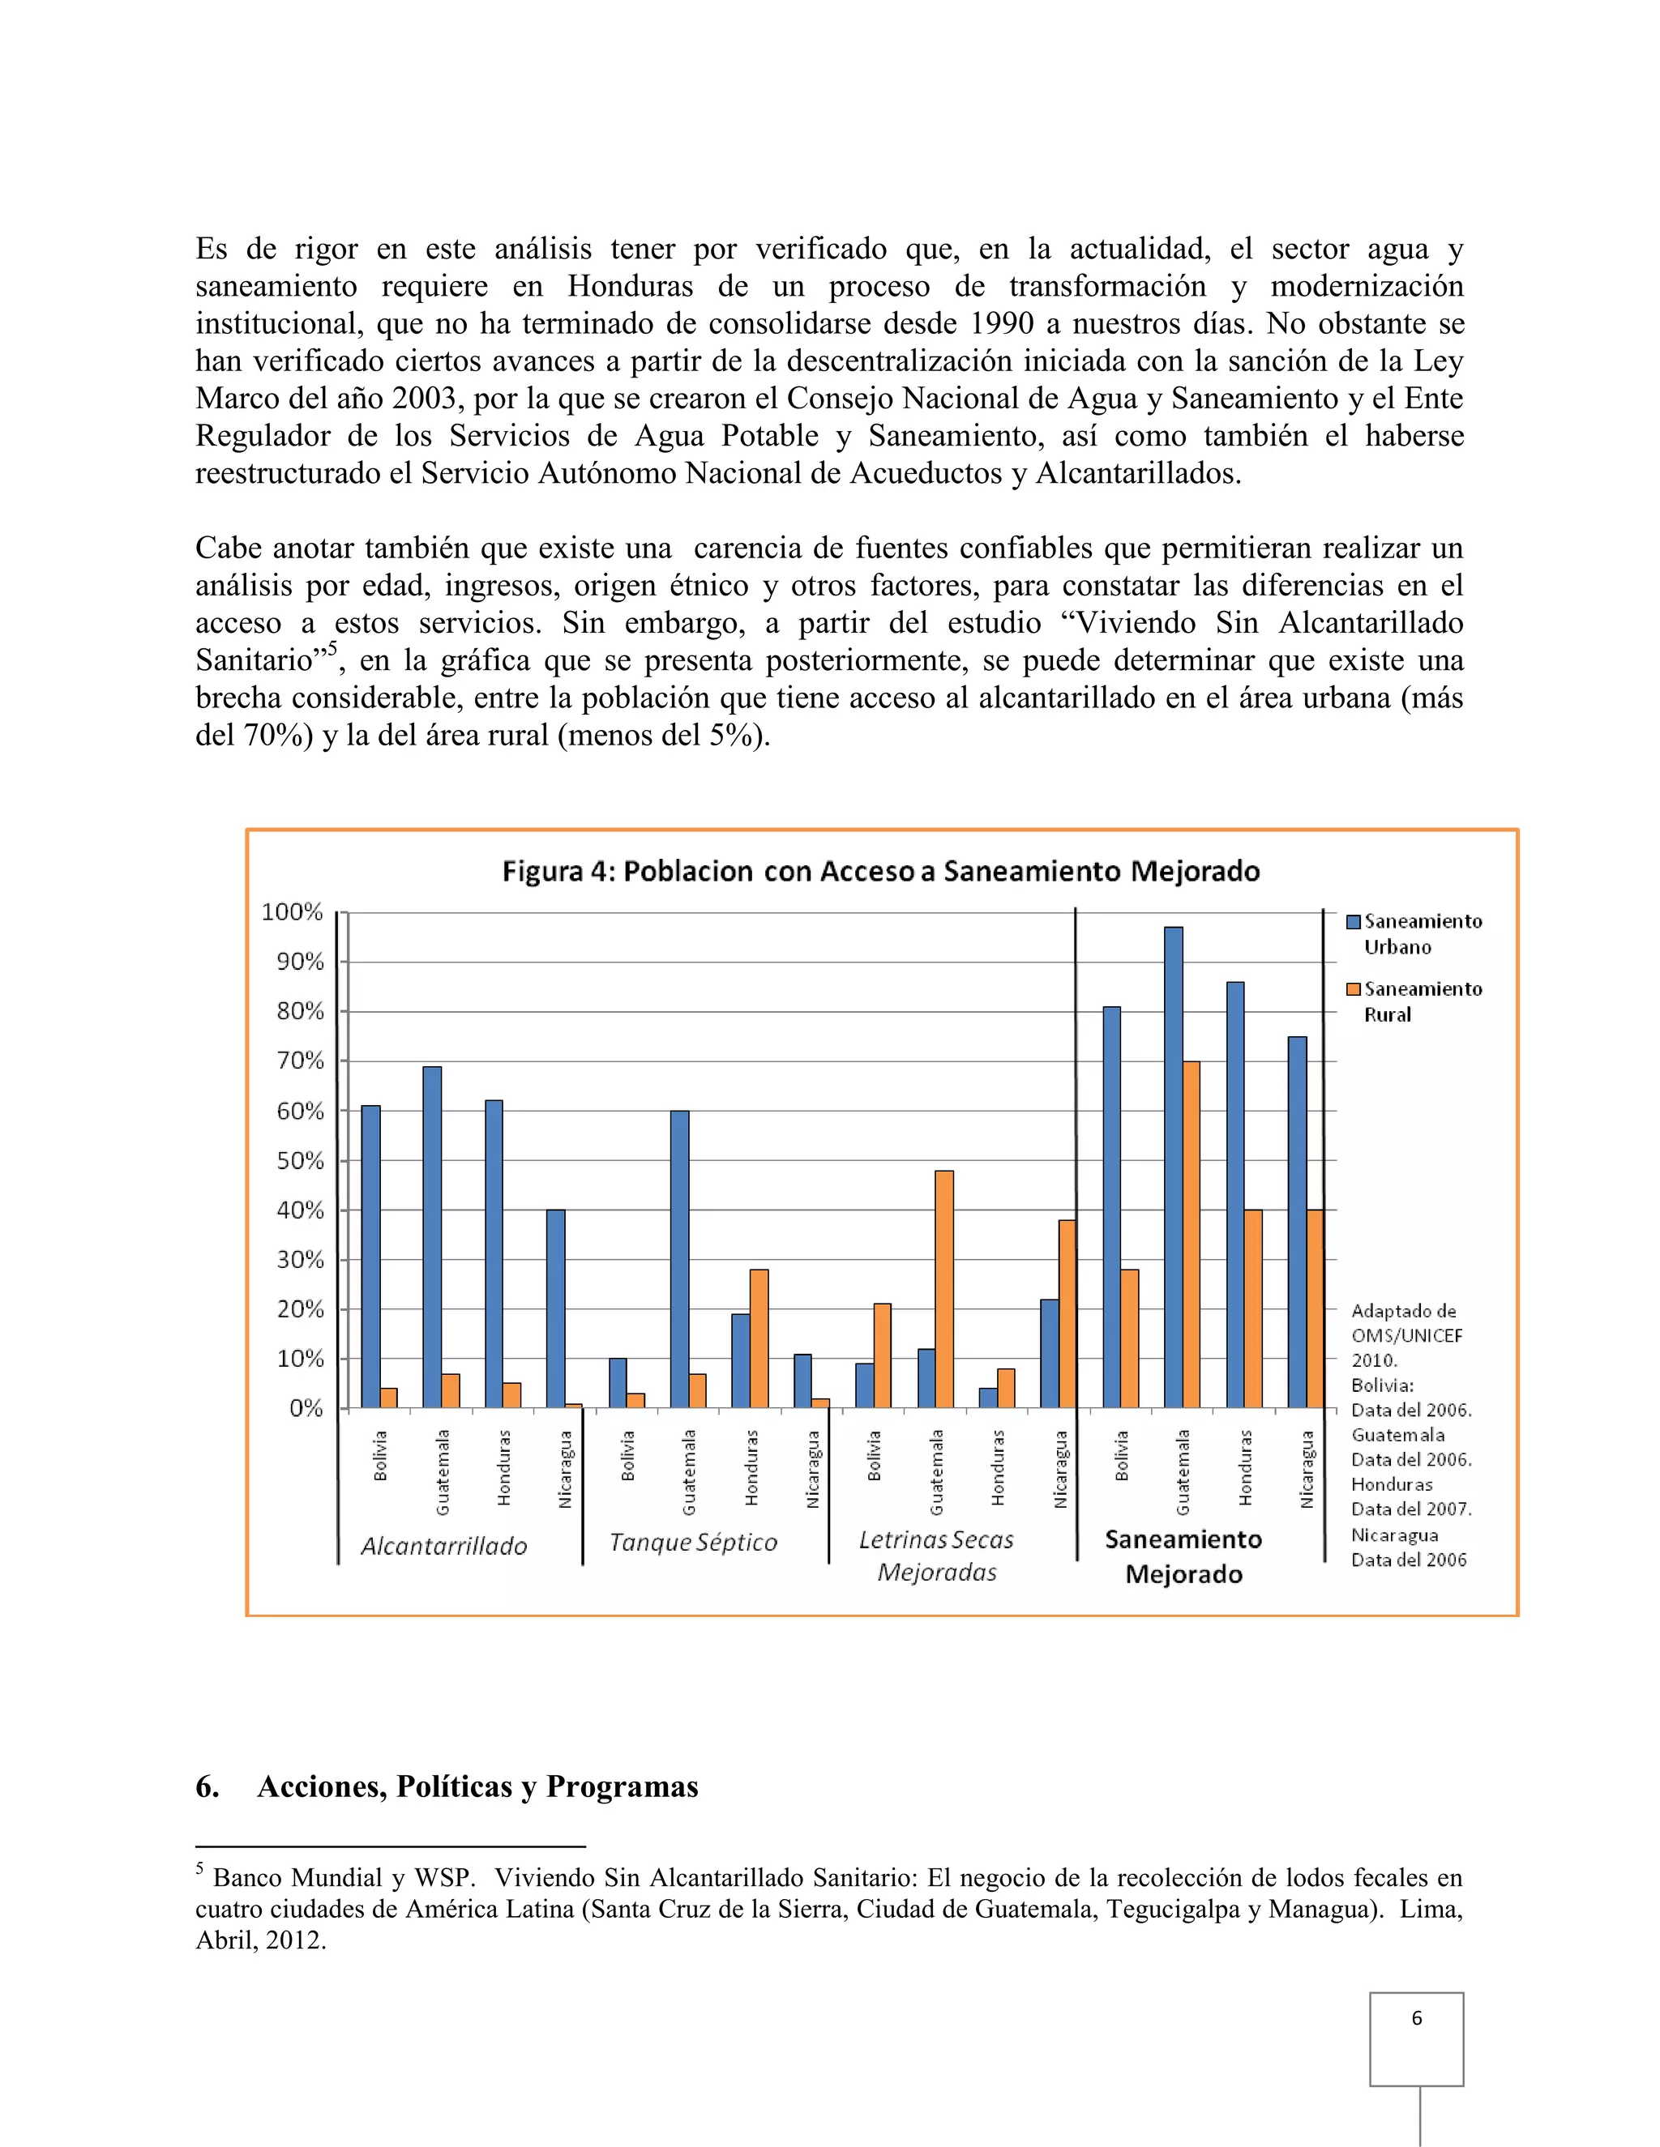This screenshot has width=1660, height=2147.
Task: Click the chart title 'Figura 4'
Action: click(880, 871)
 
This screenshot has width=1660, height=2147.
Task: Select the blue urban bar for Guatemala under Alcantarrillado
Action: click(432, 1236)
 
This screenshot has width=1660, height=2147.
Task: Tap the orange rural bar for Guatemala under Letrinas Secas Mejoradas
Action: click(944, 1289)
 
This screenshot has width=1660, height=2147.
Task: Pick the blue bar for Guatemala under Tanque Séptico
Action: click(679, 1258)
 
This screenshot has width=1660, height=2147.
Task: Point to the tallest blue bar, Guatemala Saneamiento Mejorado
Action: click(1173, 1167)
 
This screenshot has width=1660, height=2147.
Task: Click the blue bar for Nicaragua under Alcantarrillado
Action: click(555, 1308)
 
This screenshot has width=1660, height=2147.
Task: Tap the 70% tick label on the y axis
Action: click(300, 1061)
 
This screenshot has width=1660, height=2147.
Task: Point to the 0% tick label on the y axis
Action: click(306, 1409)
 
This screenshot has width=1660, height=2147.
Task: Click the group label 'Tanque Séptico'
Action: click(693, 1543)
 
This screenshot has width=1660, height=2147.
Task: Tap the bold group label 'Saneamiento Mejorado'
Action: click(1183, 1556)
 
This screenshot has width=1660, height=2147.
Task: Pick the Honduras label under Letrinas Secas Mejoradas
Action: click(998, 1468)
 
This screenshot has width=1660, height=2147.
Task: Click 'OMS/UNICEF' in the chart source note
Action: click(1406, 1335)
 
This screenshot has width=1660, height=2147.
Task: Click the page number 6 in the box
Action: click(1416, 2017)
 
